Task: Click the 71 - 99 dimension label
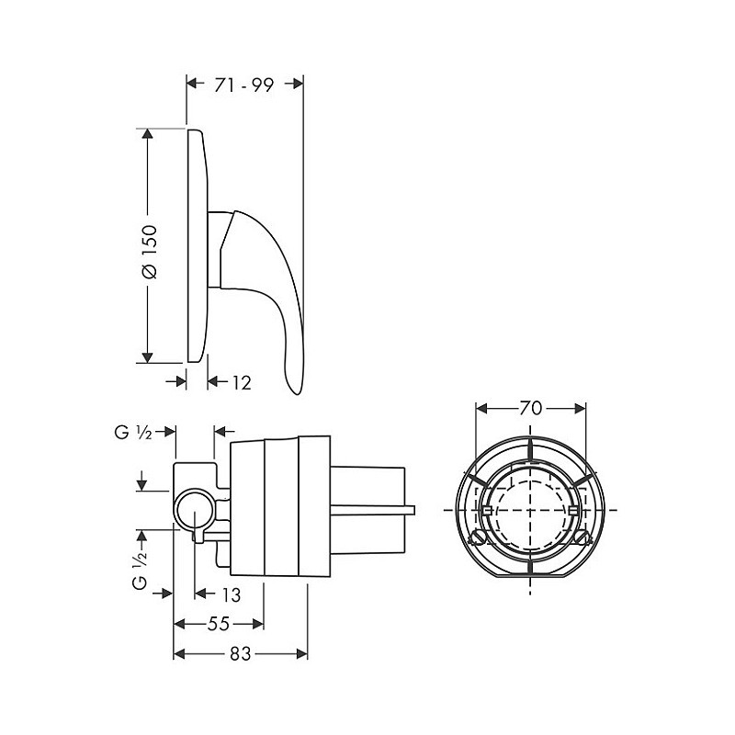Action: point(243,85)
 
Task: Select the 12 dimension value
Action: point(242,382)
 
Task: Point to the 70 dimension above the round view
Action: point(531,408)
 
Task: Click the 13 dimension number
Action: point(232,594)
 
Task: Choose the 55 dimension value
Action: point(219,624)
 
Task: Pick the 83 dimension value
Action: point(241,654)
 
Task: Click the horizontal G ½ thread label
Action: point(133,432)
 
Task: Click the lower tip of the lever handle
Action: point(296,393)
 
